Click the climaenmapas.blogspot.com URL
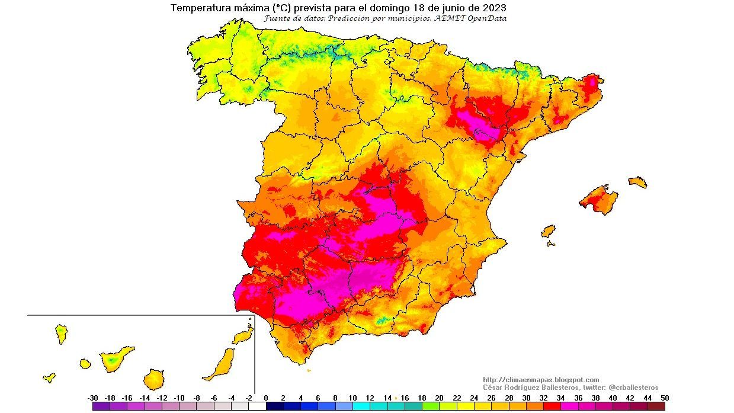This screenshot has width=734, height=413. [541, 380]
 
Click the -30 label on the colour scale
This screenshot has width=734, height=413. [92, 398]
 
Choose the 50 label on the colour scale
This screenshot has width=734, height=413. [665, 398]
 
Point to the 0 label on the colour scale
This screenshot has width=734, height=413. [266, 398]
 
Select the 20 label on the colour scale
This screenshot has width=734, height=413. [439, 398]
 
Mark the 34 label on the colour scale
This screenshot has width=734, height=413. [560, 398]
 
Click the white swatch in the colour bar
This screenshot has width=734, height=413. [257, 406]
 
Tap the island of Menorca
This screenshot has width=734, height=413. [637, 182]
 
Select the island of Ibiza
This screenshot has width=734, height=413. [549, 230]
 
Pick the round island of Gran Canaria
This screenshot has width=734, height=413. [153, 379]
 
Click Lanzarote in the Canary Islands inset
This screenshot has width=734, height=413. [243, 337]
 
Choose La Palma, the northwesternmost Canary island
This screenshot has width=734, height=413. [61, 334]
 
